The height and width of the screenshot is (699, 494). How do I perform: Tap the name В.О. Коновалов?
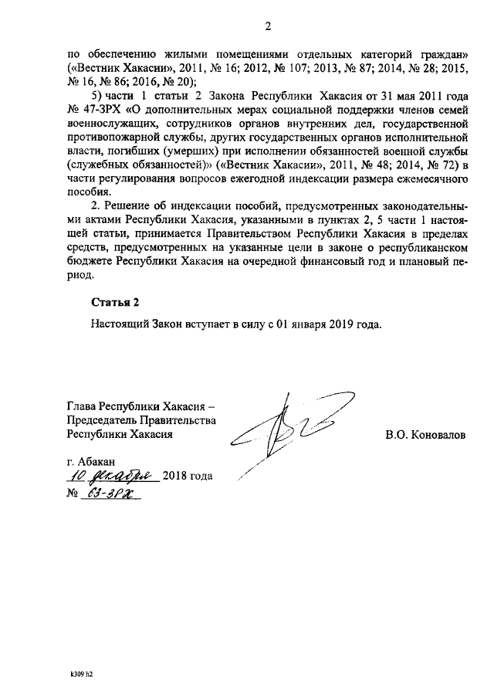pos(425,435)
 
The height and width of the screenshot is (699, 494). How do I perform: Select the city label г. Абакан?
pos(90,461)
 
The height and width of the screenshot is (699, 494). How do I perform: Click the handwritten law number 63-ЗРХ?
pos(108,494)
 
